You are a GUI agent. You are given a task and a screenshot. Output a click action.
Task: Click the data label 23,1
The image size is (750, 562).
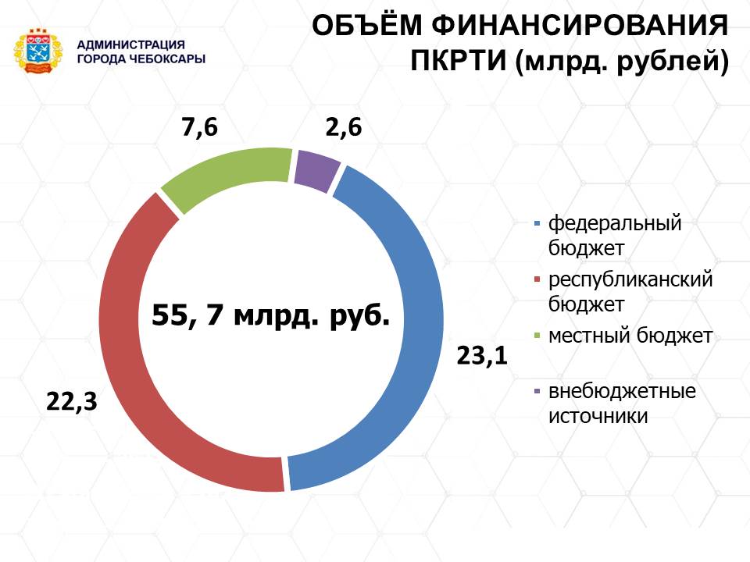point(482,357)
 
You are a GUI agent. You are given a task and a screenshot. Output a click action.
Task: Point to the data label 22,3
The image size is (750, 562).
point(72,401)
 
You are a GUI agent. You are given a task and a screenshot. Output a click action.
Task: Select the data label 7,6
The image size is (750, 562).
point(199,128)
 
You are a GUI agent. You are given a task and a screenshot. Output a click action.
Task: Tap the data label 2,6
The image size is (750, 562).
point(344,127)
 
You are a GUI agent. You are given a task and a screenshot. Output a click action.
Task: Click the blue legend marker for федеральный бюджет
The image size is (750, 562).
point(537,223)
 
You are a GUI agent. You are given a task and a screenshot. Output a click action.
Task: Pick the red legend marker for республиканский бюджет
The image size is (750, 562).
point(537,279)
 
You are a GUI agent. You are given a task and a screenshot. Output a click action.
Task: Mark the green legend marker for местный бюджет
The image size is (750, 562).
point(537,336)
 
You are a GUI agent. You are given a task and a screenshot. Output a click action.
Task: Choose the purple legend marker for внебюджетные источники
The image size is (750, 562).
point(537,391)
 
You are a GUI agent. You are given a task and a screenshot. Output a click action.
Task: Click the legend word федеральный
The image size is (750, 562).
point(615,224)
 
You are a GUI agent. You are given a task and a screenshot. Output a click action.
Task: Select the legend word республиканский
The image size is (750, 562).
point(630,279)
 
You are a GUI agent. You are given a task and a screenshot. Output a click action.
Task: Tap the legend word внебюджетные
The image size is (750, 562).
point(622,391)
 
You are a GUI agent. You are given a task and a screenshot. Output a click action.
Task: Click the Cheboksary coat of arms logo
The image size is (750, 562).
point(38,52)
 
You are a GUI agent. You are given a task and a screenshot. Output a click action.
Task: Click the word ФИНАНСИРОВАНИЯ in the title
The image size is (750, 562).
point(580,25)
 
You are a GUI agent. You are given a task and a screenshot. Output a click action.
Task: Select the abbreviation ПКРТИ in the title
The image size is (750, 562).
point(459,62)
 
